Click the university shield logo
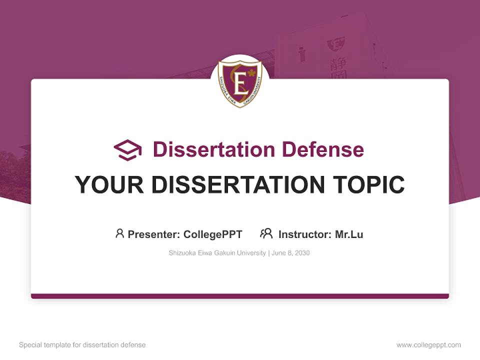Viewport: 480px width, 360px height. pyautogui.click(x=240, y=83)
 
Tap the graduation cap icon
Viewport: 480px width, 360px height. pyautogui.click(x=127, y=149)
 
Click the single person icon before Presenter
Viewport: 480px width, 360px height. pyautogui.click(x=119, y=233)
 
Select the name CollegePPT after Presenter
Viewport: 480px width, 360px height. pyautogui.click(x=213, y=234)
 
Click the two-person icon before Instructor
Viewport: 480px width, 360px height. pyautogui.click(x=266, y=233)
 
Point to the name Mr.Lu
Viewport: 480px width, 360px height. pyautogui.click(x=349, y=234)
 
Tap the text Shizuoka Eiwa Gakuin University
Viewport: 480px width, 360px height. pyautogui.click(x=217, y=253)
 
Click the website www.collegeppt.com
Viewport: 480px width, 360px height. pyautogui.click(x=428, y=345)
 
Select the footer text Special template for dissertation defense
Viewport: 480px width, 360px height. pyautogui.click(x=82, y=345)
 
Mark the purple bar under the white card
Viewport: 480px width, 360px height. pyautogui.click(x=240, y=296)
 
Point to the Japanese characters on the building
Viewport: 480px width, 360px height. pyautogui.click(x=337, y=67)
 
